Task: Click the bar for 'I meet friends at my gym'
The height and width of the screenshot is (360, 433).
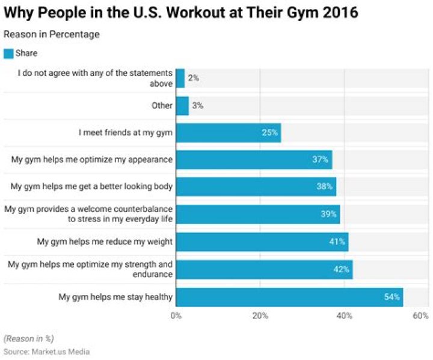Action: tap(229, 132)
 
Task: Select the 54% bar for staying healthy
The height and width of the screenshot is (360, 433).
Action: tap(289, 297)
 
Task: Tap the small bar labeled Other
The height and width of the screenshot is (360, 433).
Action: tap(182, 105)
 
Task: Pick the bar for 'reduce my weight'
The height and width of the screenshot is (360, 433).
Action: tap(262, 242)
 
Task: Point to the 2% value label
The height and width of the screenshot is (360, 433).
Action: tap(193, 78)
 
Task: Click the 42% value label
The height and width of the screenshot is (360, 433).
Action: tap(342, 269)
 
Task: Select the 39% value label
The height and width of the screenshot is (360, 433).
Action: tap(328, 214)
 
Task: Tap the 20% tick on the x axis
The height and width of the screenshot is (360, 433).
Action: tap(260, 315)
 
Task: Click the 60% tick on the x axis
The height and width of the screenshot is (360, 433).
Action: tap(421, 315)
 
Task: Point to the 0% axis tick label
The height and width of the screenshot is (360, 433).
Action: tap(176, 315)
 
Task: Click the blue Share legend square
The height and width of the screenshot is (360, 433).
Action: tap(8, 53)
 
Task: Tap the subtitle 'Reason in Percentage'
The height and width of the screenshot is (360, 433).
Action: tap(52, 34)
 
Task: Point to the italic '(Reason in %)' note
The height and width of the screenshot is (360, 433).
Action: tap(28, 338)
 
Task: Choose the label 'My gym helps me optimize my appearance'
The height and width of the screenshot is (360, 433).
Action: tap(92, 160)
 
